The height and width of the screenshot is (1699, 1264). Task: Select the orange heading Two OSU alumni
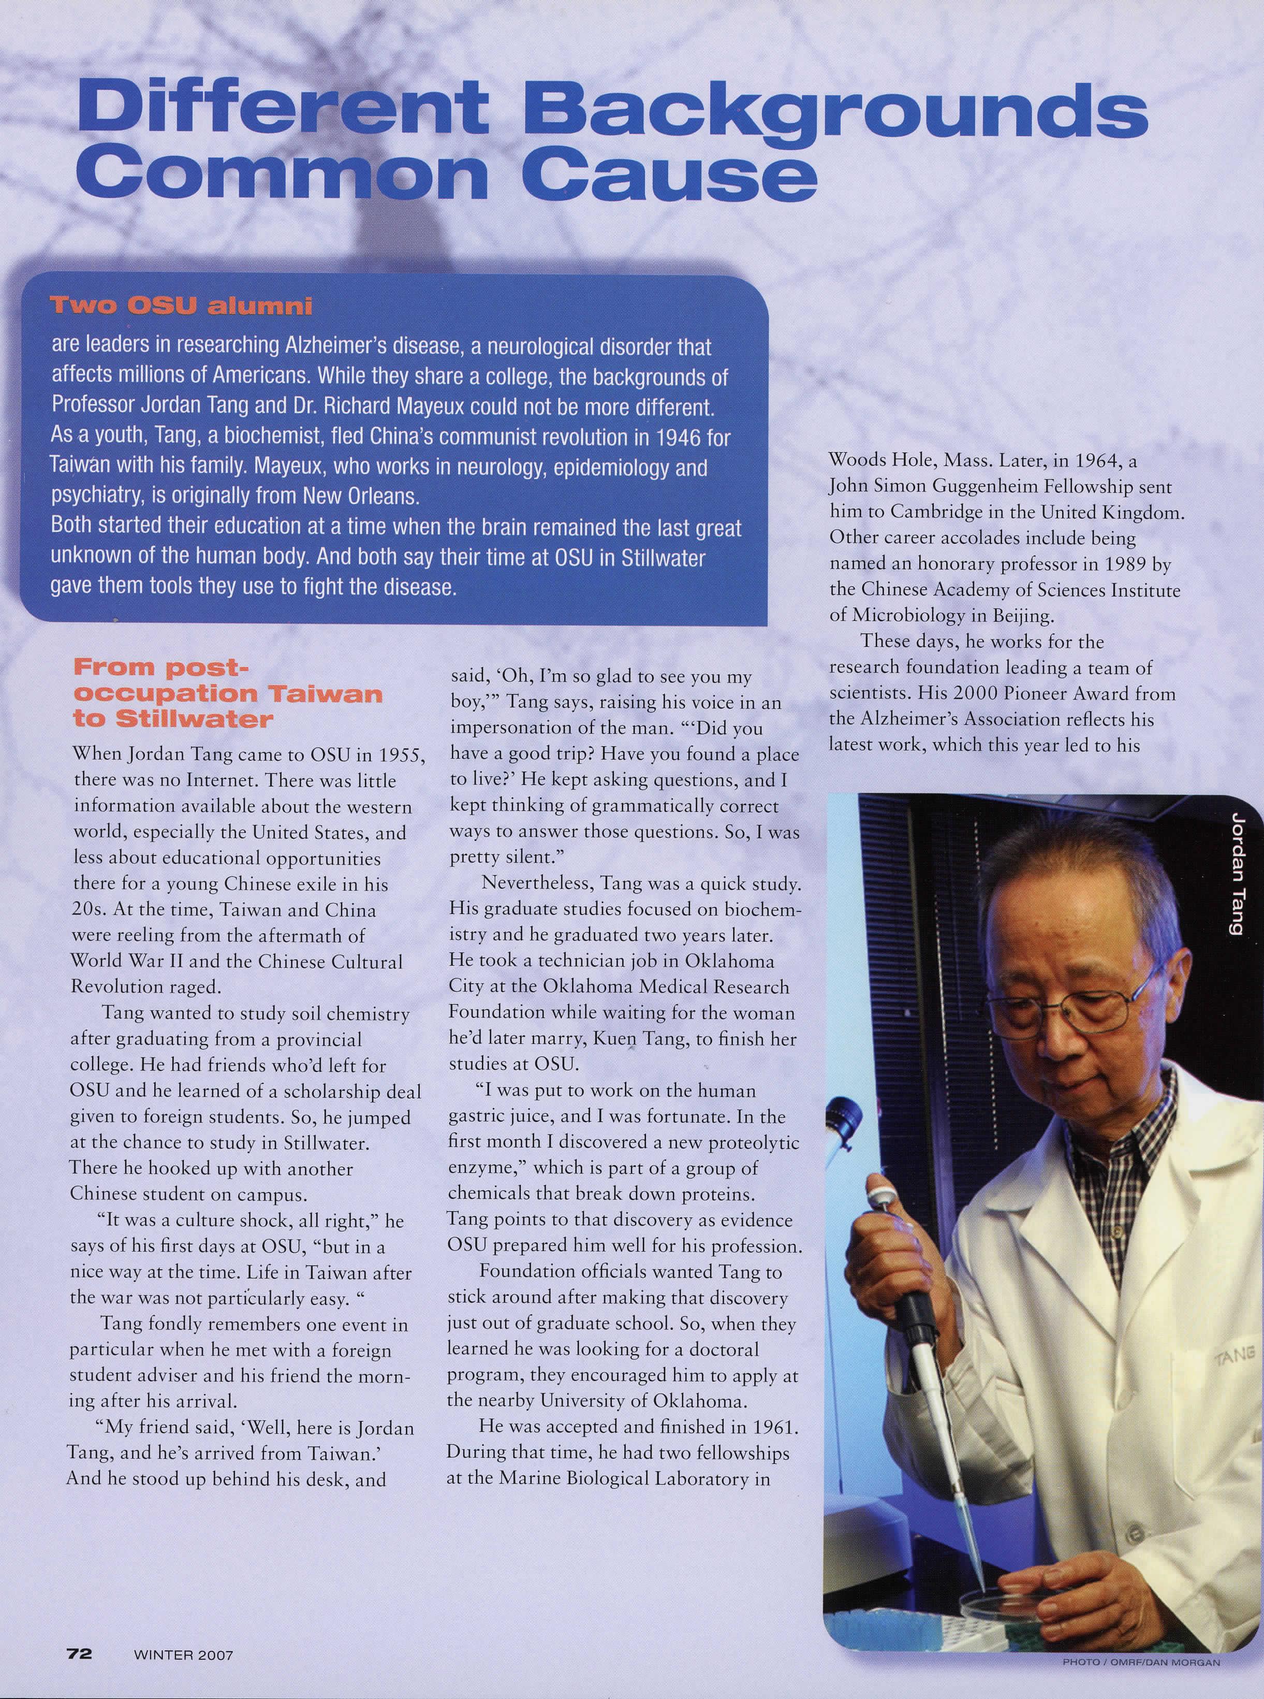pos(181,306)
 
